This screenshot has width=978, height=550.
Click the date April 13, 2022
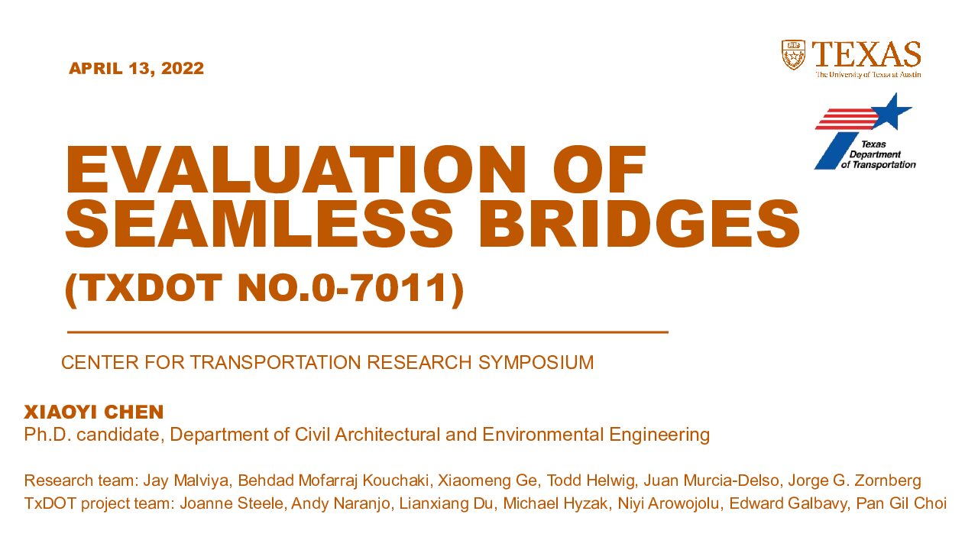136,69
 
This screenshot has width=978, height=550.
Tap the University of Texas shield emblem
793,55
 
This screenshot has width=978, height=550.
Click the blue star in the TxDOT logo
892,111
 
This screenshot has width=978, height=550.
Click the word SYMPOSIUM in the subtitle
536,363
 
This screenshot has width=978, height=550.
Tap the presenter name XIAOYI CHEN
94,412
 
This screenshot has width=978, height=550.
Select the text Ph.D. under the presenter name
47,435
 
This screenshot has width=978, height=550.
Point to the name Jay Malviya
185,480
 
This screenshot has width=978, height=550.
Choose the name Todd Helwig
591,480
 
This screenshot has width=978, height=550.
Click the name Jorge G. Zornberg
854,480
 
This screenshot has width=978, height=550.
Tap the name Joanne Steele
232,503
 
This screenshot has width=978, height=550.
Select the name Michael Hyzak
555,503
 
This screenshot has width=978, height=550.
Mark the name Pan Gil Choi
901,503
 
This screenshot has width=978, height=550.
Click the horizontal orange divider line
368,332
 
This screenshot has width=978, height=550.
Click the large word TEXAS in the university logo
866,54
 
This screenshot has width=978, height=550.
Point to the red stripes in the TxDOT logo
847,119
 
